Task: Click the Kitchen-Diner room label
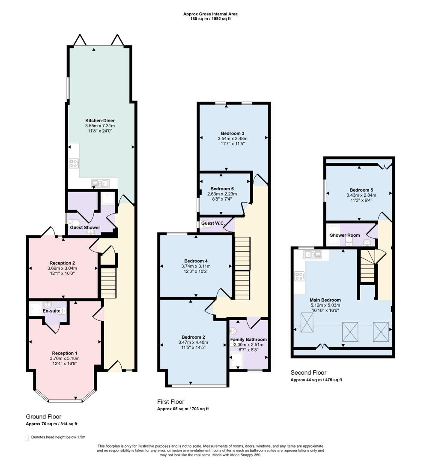click(100, 120)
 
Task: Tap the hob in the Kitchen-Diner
click(74, 163)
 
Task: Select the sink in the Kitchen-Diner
click(101, 184)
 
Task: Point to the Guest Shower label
click(85, 228)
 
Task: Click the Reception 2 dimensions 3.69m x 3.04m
click(63, 268)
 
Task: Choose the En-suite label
click(51, 311)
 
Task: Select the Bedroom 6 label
click(222, 189)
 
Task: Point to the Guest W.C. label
click(213, 223)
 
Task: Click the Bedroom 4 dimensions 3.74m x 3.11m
click(196, 266)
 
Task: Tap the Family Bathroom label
click(248, 340)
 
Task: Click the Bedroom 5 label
click(361, 190)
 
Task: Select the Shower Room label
click(345, 235)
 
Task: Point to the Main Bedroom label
click(325, 300)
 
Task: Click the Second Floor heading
click(308, 373)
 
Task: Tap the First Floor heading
click(170, 402)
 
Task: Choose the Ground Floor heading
click(43, 416)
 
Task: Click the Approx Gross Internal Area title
click(210, 14)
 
